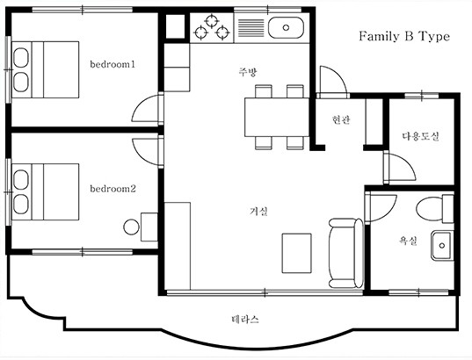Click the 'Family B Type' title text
[404, 36]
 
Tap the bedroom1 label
[113, 64]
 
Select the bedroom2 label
[113, 189]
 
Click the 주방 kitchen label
[248, 72]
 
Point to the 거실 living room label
[258, 212]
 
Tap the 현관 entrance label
[341, 119]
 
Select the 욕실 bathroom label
[408, 241]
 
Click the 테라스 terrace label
[245, 319]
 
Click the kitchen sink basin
[286, 28]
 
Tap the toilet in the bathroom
[435, 208]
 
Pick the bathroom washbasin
[442, 246]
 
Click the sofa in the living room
[346, 253]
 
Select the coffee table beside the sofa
[296, 253]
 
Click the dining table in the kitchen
[277, 118]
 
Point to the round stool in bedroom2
[131, 227]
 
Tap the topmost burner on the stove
[212, 21]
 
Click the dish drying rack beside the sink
[251, 28]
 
